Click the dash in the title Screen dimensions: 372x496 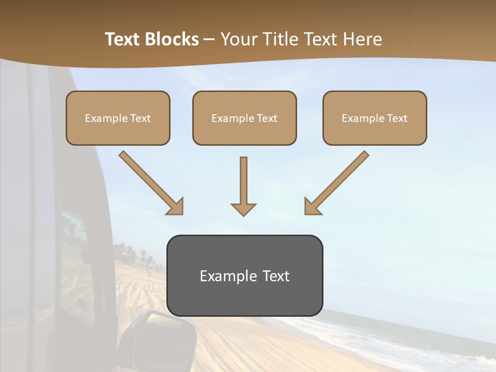tap(209, 40)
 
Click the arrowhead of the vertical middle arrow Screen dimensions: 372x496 tap(243, 209)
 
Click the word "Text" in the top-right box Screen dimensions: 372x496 tap(397, 118)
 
